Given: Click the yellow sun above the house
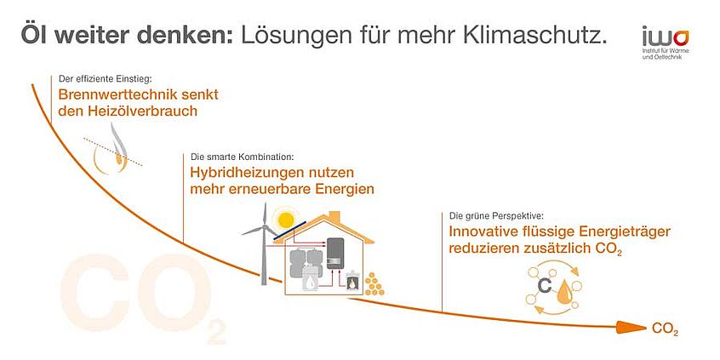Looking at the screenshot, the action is (285, 220).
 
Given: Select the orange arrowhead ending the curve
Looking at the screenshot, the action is (631, 328).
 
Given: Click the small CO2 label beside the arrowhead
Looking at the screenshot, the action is (665, 329).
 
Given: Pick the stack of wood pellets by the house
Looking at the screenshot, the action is (374, 284).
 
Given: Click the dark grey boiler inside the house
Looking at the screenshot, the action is (335, 254).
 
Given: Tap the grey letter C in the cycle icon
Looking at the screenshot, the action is (544, 286).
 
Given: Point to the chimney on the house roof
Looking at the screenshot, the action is (334, 217).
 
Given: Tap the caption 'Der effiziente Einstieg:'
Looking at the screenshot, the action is (102, 78).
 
